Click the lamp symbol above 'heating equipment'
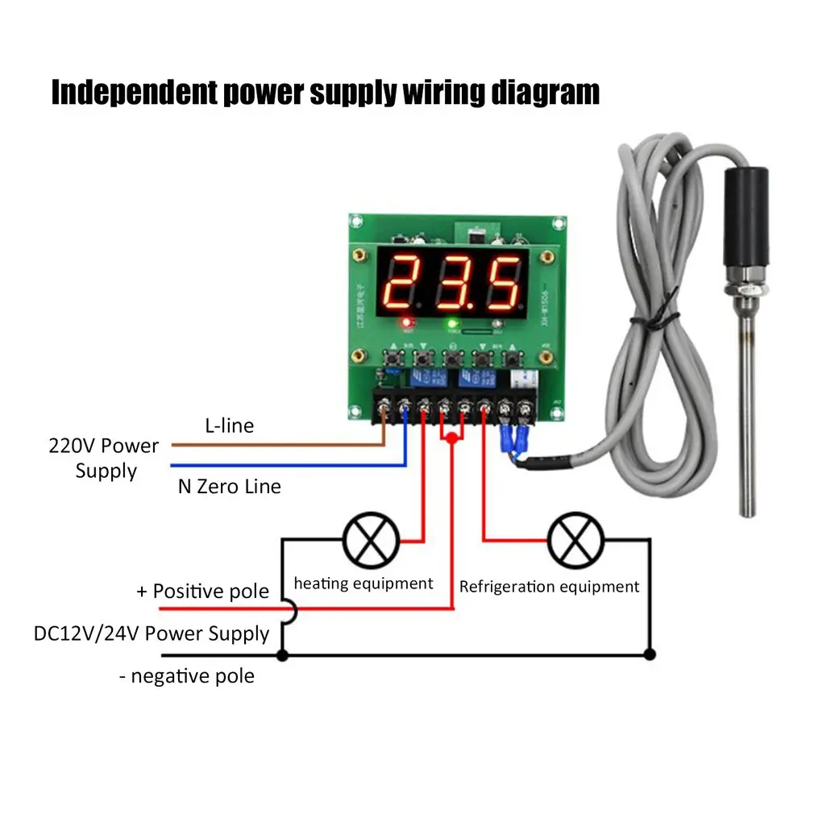tap(372, 540)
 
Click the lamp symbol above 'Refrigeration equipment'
tap(575, 540)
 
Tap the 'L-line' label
tap(229, 426)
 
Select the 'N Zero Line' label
tap(229, 486)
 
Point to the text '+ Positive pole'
tap(202, 592)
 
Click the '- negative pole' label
tap(186, 676)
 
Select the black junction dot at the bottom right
tap(650, 655)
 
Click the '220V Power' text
tap(104, 446)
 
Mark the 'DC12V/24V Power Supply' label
tap(151, 633)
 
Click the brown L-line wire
tap(274, 444)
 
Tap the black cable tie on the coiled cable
tap(637, 326)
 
